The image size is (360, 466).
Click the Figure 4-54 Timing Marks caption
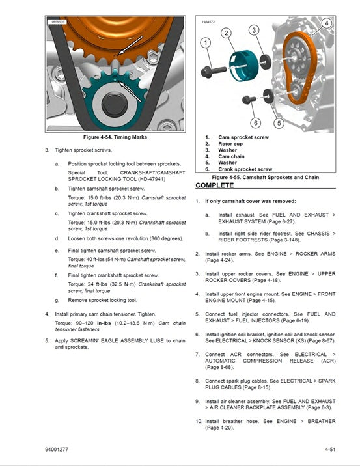115,137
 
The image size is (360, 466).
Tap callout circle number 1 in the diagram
206,44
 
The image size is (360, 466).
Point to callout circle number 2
226,33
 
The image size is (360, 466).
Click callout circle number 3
255,30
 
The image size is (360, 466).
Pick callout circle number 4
326,23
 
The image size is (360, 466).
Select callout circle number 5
279,122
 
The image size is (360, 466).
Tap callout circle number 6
256,122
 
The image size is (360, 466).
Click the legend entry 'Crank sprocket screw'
245,169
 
